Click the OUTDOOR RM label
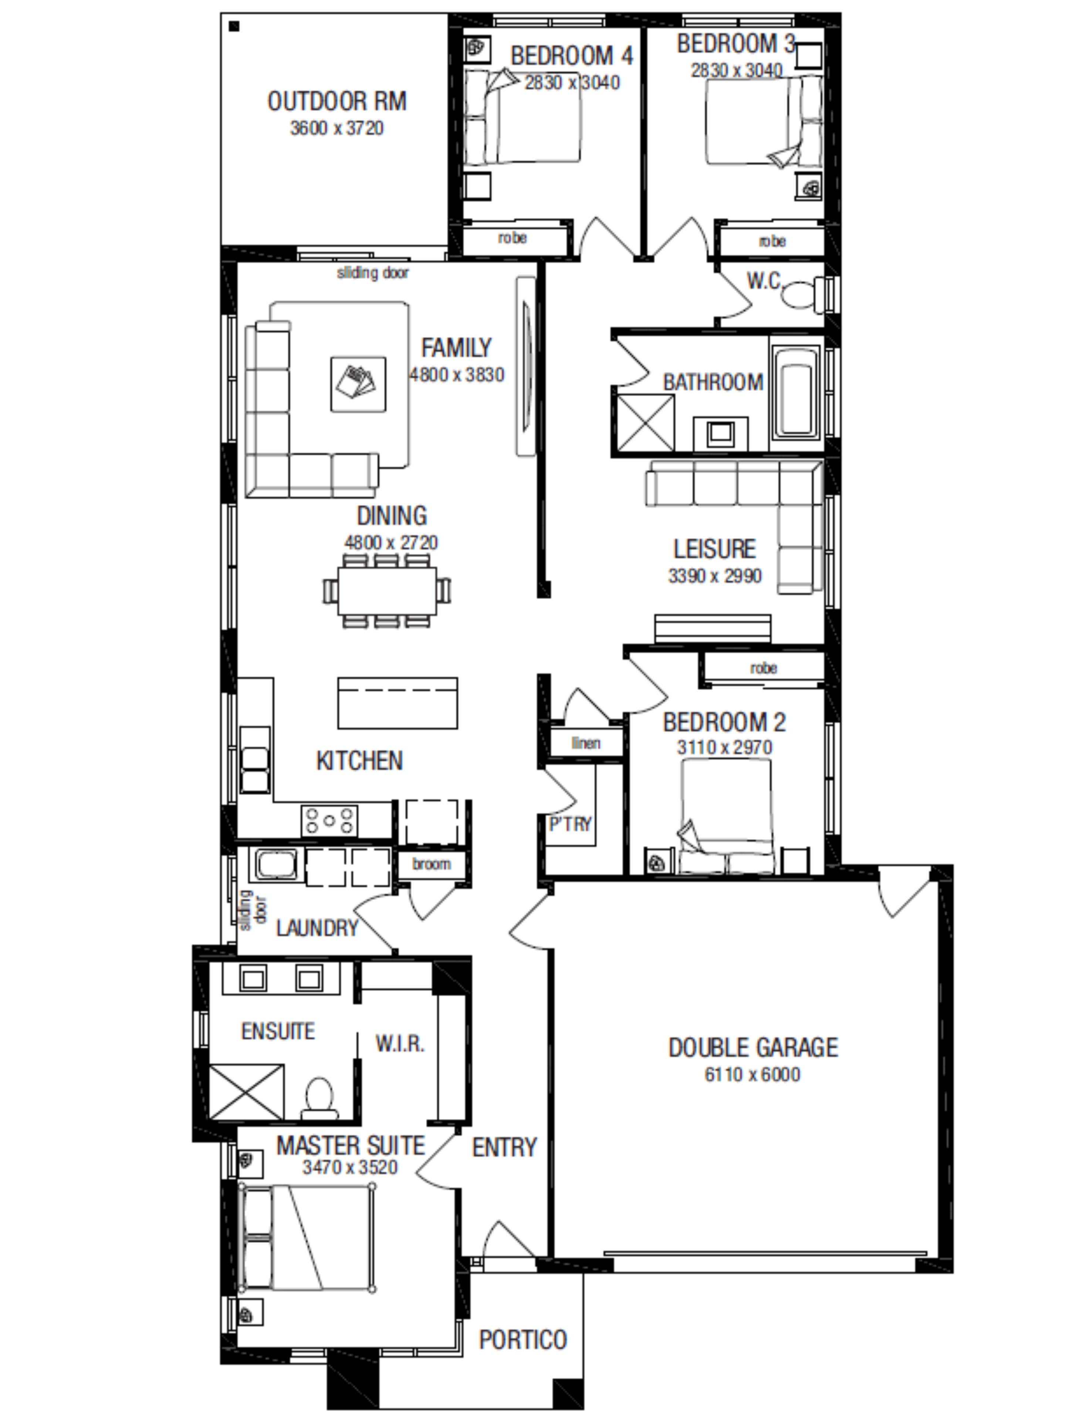tap(337, 101)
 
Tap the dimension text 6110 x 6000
tap(753, 1075)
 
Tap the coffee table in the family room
tap(358, 384)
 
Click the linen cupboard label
tap(585, 743)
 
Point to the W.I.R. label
tap(400, 1044)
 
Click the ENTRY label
tap(504, 1147)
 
